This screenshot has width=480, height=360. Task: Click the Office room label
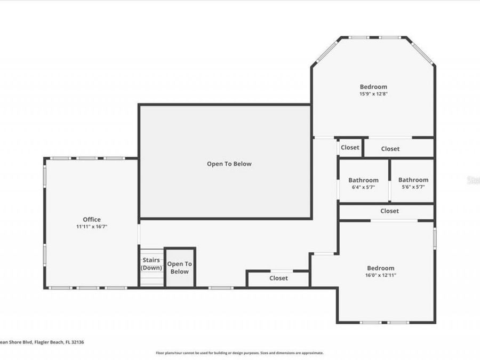tap(91, 219)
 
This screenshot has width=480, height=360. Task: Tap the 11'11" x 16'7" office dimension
tap(91, 227)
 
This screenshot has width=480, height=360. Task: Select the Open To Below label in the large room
tap(229, 164)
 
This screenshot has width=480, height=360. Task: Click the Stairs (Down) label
tap(151, 263)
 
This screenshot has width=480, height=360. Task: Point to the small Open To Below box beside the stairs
tap(180, 268)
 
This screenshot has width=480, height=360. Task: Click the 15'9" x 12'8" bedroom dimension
tap(373, 94)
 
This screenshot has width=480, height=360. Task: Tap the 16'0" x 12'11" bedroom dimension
tap(381, 275)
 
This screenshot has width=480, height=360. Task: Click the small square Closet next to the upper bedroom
tap(350, 148)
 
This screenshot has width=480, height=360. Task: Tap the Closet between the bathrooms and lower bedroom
tap(389, 211)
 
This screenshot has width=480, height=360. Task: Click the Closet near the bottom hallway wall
tap(278, 278)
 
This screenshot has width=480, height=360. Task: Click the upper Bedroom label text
tap(373, 87)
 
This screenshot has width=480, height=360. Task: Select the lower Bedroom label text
tap(381, 268)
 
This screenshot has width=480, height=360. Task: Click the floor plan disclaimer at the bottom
tap(239, 353)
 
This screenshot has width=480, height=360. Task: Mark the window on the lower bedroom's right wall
tap(435, 237)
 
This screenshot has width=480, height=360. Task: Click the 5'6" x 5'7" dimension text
tap(413, 187)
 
